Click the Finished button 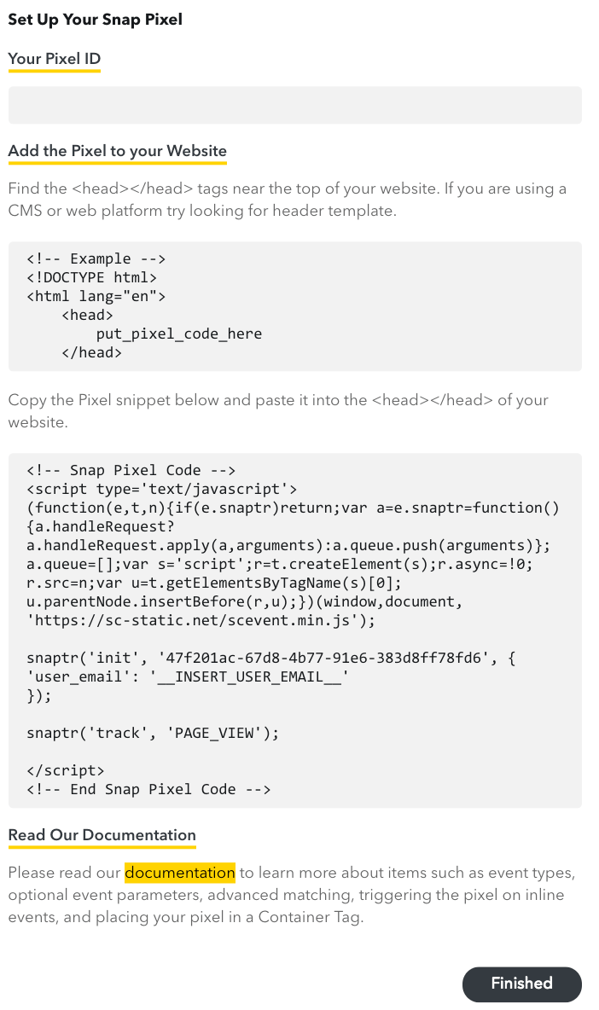tap(521, 984)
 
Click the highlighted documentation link tap(179, 873)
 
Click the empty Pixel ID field tap(294, 105)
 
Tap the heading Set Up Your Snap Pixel tap(95, 20)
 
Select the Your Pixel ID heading tap(54, 59)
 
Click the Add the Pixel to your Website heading tap(117, 151)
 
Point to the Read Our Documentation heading tap(102, 835)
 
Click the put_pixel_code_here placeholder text tap(178, 334)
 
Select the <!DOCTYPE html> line tap(91, 277)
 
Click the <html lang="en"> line tap(96, 296)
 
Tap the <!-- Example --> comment tap(96, 258)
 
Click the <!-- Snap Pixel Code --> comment tap(131, 470)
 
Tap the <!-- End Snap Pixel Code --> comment tap(148, 789)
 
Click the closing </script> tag tap(66, 770)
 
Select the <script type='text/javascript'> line tap(161, 489)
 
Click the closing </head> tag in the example tap(91, 352)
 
